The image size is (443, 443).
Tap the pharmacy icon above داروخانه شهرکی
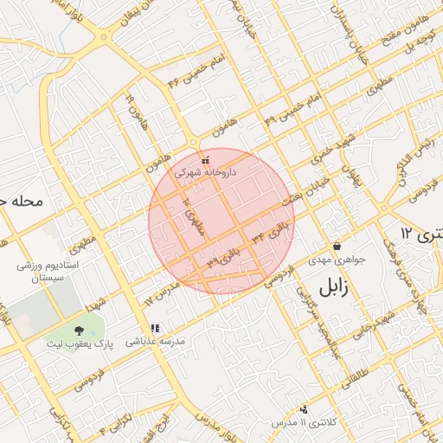[x=205, y=161]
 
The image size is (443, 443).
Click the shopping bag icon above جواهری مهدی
[x=337, y=247]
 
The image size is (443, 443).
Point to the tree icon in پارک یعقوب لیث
[x=80, y=331]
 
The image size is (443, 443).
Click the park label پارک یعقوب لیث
[x=80, y=343]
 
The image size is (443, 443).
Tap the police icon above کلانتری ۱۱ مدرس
[x=303, y=408]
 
